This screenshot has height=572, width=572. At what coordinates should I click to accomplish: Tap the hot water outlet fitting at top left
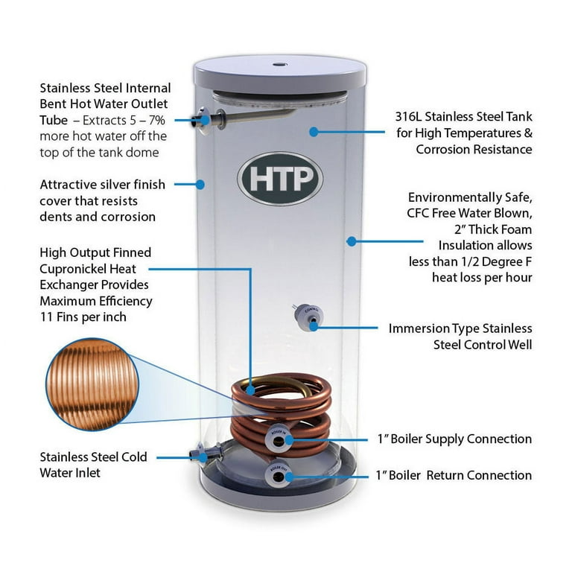click(x=205, y=118)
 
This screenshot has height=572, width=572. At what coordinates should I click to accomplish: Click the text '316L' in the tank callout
click(x=413, y=117)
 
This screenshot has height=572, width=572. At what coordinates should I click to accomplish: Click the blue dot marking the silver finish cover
click(x=200, y=183)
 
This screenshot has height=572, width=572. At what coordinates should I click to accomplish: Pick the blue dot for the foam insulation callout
click(x=351, y=241)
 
